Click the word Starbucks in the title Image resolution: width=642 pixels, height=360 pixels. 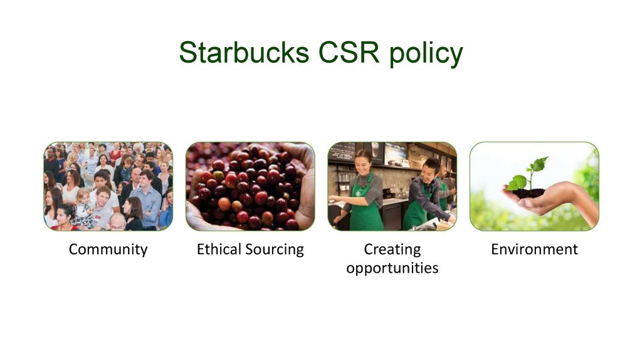point(244,53)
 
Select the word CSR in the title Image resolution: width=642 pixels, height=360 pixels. point(349,53)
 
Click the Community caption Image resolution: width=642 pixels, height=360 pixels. point(108,250)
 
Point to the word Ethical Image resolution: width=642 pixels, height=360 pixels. point(219,248)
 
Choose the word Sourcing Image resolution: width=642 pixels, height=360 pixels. point(275,250)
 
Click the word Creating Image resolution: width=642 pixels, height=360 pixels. point(392,250)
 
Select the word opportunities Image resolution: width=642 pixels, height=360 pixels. point(392,268)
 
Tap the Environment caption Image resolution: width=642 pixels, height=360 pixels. point(534,249)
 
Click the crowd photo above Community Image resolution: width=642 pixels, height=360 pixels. point(108,186)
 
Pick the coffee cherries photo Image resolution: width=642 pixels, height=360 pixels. point(250,186)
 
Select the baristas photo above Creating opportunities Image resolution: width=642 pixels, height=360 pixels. point(392,186)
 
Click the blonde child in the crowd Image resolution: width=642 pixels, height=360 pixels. point(83,205)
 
